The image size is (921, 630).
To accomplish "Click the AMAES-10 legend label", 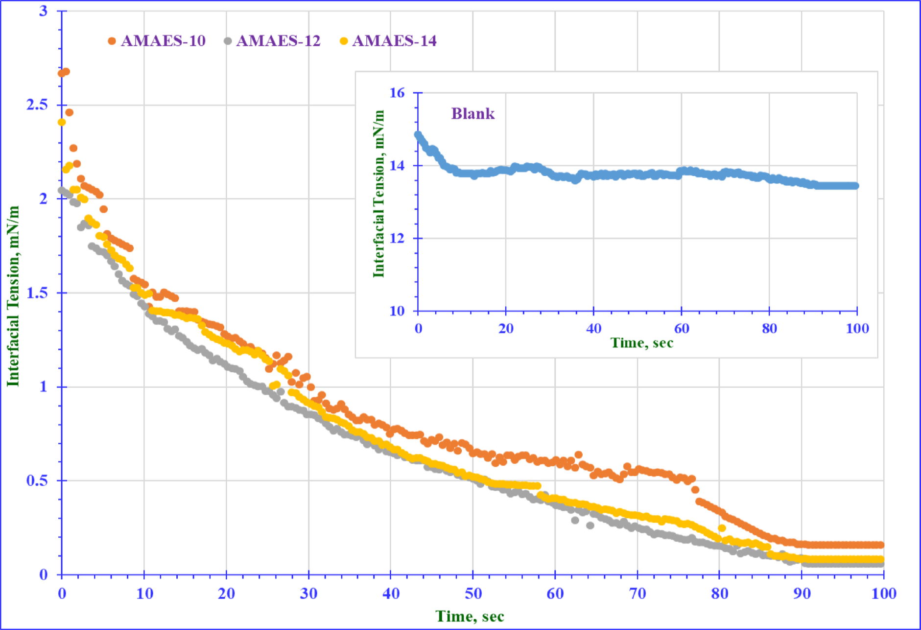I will point(163,41).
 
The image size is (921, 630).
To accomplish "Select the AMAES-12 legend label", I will point(278,41).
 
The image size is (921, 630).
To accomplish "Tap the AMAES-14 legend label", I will point(394,41).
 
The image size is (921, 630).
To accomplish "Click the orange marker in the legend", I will point(112,41).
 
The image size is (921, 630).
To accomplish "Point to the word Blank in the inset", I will point(472,114).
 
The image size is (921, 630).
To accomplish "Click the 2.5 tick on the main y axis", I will point(37,105).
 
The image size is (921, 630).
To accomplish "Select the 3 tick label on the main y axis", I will point(44,11).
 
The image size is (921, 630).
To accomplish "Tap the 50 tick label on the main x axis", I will point(473,594).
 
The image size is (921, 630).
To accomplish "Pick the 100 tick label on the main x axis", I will point(883,594).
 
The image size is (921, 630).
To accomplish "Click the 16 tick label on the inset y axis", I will point(397,93).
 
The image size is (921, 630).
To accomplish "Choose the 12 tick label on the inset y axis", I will point(397,238).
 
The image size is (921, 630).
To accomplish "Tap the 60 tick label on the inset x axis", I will point(681,328).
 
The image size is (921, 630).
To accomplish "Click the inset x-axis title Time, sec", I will point(641,343).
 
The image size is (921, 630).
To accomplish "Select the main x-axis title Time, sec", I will point(470,616).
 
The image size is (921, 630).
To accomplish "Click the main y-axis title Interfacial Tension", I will point(13,296).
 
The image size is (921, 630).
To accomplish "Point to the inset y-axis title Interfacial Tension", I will point(378,193).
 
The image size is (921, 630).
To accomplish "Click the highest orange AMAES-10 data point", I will point(66,71).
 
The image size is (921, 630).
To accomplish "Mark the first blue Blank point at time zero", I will point(418,134).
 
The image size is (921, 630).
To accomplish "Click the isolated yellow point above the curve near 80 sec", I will point(722,528).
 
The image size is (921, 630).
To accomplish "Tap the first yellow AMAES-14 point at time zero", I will point(62,122).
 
